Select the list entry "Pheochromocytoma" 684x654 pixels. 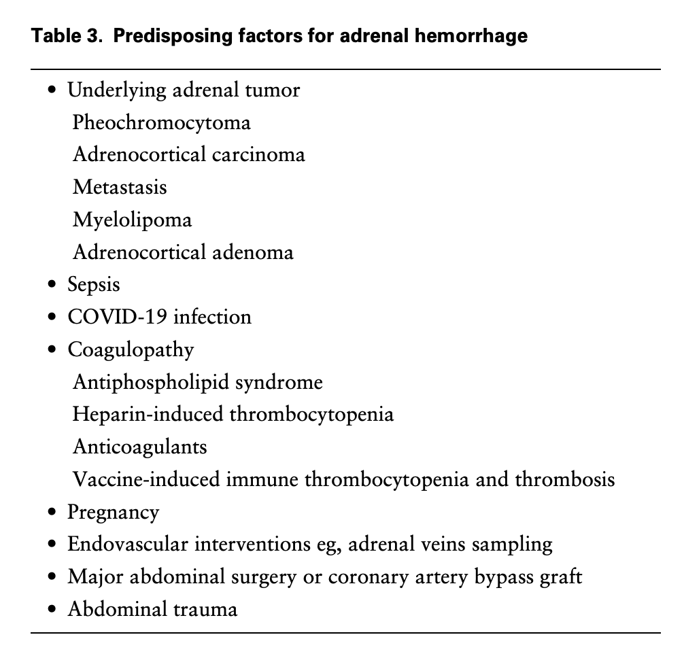pyautogui.click(x=161, y=122)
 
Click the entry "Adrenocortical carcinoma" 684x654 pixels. pyautogui.click(x=188, y=154)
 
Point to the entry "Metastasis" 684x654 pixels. pyautogui.click(x=120, y=187)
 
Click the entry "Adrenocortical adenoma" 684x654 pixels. pyautogui.click(x=183, y=252)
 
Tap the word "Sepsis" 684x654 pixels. pyautogui.click(x=93, y=284)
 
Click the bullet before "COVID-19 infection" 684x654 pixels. pyautogui.click(x=53, y=317)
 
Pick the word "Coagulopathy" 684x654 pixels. pyautogui.click(x=131, y=350)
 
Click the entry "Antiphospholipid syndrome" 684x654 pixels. pyautogui.click(x=197, y=382)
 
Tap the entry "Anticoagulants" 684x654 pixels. pyautogui.click(x=139, y=447)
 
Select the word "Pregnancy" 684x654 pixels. pyautogui.click(x=113, y=513)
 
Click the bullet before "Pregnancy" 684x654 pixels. pyautogui.click(x=53, y=513)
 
